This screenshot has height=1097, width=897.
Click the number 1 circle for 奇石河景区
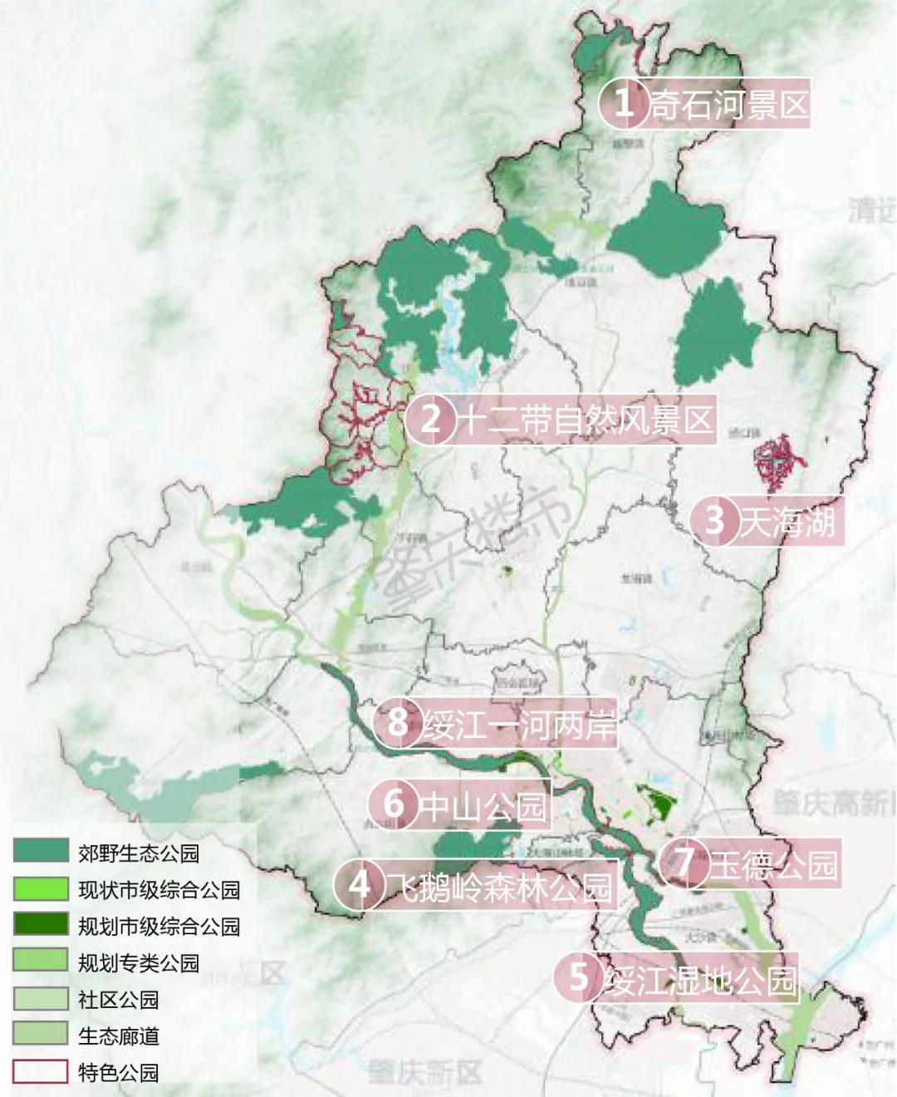click(x=623, y=103)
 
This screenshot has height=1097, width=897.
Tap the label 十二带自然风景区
click(x=586, y=419)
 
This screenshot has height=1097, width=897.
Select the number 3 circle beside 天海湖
click(x=714, y=520)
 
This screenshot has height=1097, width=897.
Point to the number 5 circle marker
click(x=578, y=976)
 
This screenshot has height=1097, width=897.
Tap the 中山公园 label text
click(x=483, y=804)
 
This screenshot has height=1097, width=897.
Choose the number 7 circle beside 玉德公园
click(x=684, y=862)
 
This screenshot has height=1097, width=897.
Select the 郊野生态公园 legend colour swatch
click(x=40, y=850)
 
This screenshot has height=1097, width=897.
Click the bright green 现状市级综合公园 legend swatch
click(x=40, y=888)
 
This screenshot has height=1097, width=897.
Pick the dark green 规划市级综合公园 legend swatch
click(x=40, y=924)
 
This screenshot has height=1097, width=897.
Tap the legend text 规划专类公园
click(x=139, y=962)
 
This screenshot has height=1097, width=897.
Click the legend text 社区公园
click(x=118, y=999)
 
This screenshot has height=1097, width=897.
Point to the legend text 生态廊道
click(x=118, y=1036)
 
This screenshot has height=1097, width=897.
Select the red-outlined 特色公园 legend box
click(x=40, y=1071)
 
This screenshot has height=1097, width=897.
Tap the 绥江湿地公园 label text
click(x=701, y=981)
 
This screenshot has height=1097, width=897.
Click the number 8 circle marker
click(x=398, y=721)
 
